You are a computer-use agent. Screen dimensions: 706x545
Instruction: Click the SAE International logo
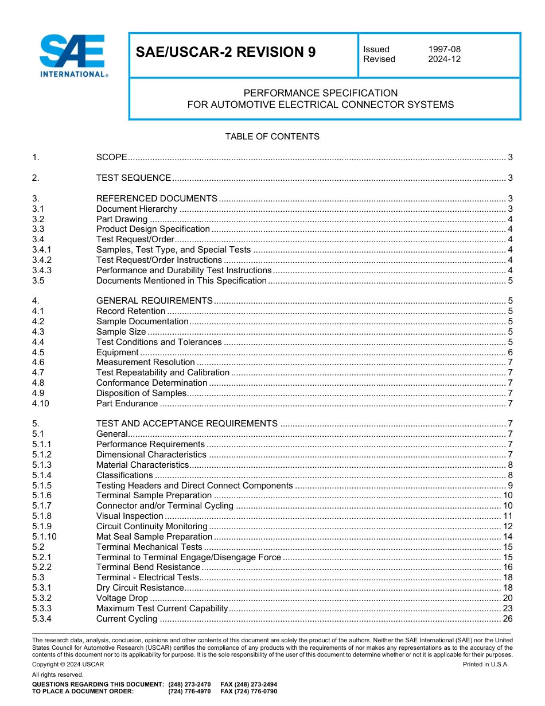(x=73, y=56)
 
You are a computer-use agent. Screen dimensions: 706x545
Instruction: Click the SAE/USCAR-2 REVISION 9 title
(x=225, y=53)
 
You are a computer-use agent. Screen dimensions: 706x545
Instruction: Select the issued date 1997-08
(x=444, y=49)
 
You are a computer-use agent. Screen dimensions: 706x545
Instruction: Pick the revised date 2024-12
(x=444, y=59)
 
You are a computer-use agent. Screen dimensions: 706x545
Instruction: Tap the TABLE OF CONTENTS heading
(x=272, y=137)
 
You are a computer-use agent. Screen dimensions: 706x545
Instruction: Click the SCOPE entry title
(x=111, y=157)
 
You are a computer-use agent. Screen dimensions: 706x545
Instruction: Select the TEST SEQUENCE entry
(x=134, y=178)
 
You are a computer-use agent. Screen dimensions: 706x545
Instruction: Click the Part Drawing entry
(x=122, y=219)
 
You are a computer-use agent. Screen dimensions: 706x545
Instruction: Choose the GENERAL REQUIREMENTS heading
(x=154, y=301)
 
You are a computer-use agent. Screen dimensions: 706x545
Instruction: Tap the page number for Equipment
(x=510, y=352)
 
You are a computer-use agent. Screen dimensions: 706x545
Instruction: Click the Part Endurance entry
(x=127, y=404)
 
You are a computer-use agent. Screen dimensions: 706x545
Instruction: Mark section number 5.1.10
(x=44, y=537)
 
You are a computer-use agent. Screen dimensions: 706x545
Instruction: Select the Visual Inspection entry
(x=130, y=516)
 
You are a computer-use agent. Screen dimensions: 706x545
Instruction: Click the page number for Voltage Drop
(x=508, y=599)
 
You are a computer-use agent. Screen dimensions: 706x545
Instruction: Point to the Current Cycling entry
(x=127, y=619)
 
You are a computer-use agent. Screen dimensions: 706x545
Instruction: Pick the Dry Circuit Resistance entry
(x=140, y=588)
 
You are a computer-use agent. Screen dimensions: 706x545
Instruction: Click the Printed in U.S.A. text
(x=485, y=664)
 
